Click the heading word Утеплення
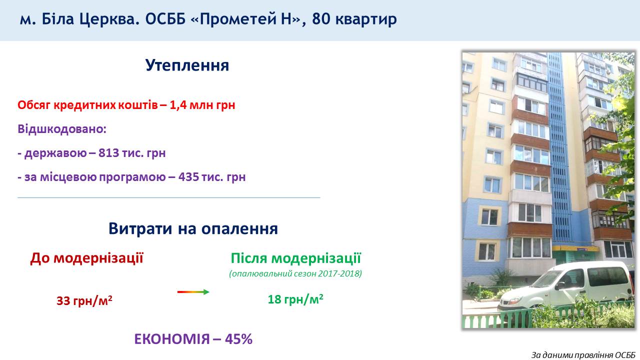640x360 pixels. pos(187,65)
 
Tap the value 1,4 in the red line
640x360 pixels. pos(178,105)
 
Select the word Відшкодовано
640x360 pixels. pos(60,129)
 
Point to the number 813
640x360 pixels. pos(108,153)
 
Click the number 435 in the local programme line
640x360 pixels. pos(188,177)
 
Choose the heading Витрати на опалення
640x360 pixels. pos(193,228)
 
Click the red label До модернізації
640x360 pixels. pos(86,258)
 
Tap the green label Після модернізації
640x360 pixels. pos(296,258)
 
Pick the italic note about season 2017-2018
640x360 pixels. pos(295,273)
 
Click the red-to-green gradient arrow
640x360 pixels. pos(193,292)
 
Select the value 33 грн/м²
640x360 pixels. pos(84,300)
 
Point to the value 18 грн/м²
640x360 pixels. pos(295,299)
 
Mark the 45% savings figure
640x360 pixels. pos(238,339)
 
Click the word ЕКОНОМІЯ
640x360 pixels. pos(172,339)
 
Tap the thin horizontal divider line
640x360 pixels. pos(169,197)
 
